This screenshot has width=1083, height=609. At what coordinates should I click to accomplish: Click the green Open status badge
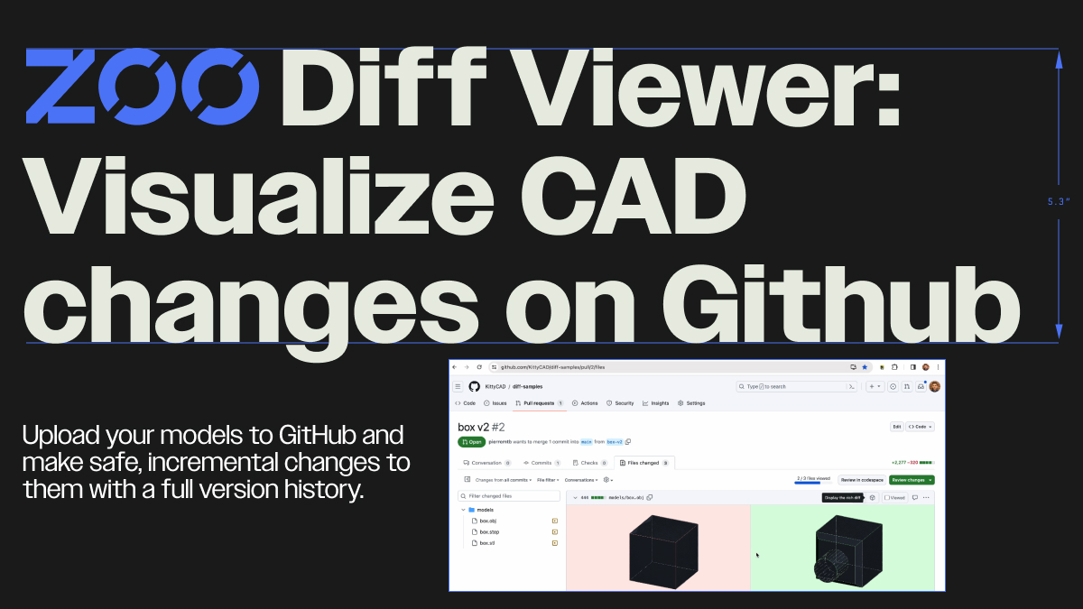[x=472, y=442]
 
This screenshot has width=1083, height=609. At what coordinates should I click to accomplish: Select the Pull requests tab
[x=540, y=403]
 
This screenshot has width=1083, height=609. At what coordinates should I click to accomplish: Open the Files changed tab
[x=644, y=463]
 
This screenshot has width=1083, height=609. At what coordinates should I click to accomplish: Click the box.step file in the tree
[x=489, y=531]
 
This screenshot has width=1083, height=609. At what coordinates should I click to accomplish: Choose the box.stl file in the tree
[x=487, y=542]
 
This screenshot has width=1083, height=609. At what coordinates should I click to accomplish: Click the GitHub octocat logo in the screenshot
[x=474, y=386]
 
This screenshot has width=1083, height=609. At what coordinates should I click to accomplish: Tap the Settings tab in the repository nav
[x=692, y=403]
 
